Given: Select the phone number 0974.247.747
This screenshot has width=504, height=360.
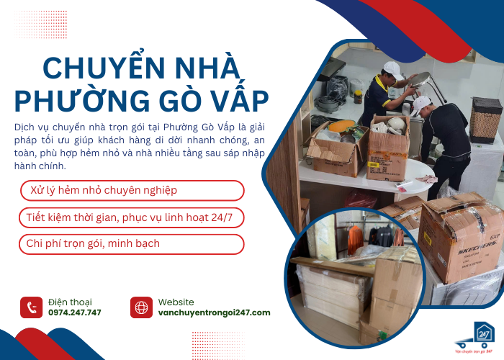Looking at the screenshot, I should coord(75,312).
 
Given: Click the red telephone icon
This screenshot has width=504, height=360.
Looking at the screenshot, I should coord(31,307).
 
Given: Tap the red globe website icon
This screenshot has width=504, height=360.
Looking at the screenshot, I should coord(141,307).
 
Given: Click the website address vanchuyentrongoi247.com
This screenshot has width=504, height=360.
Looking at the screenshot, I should coord(215,312).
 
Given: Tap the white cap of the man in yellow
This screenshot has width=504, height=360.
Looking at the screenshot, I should coord(392,69).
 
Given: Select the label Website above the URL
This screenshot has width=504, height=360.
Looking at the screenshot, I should coord(176,302).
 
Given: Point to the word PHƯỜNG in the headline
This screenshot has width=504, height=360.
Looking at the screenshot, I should coord(75,100).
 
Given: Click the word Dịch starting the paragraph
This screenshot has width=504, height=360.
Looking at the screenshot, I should coord(24,127).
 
